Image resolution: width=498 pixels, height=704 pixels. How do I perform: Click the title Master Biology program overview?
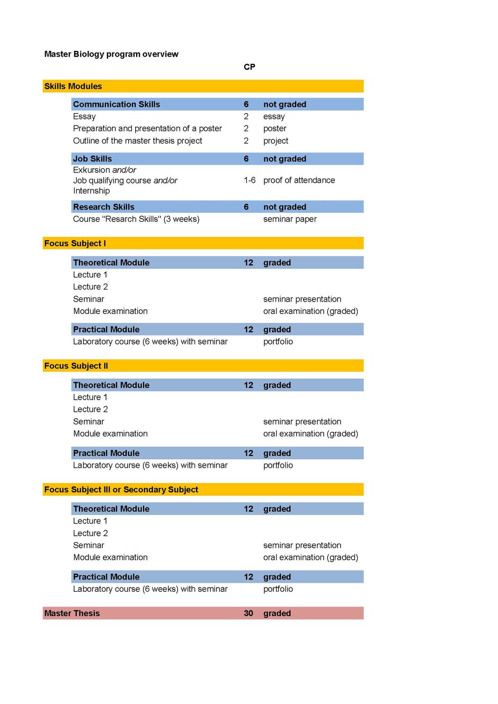click(111, 54)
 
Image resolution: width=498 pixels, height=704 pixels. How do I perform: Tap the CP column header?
click(249, 67)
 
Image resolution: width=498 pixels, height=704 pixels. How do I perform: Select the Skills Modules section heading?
click(73, 86)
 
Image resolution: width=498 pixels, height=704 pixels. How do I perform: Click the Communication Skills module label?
click(117, 104)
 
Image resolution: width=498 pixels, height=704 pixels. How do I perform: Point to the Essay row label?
click(84, 116)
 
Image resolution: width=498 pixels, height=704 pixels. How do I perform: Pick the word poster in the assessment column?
click(274, 129)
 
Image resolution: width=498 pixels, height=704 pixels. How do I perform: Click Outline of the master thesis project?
click(138, 141)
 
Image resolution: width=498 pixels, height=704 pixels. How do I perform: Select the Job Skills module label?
click(93, 159)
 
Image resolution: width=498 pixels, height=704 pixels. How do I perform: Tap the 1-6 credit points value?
click(250, 180)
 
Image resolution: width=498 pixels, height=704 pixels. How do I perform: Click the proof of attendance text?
click(299, 180)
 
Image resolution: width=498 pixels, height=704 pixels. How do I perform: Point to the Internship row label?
click(92, 191)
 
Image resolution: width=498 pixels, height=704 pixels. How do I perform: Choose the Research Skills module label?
click(104, 207)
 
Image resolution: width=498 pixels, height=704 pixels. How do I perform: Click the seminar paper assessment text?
click(290, 219)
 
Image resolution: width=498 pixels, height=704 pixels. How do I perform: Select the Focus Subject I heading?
click(75, 243)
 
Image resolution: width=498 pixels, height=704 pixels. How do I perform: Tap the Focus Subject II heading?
click(76, 366)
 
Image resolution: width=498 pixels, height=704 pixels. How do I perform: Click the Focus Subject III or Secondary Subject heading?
click(121, 490)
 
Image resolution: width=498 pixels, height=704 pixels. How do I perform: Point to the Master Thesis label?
click(72, 613)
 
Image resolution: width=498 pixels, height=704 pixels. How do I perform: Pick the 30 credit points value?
click(248, 613)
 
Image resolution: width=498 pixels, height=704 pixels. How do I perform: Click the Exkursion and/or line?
click(104, 170)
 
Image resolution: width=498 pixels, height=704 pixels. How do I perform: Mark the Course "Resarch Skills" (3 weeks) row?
click(136, 219)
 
